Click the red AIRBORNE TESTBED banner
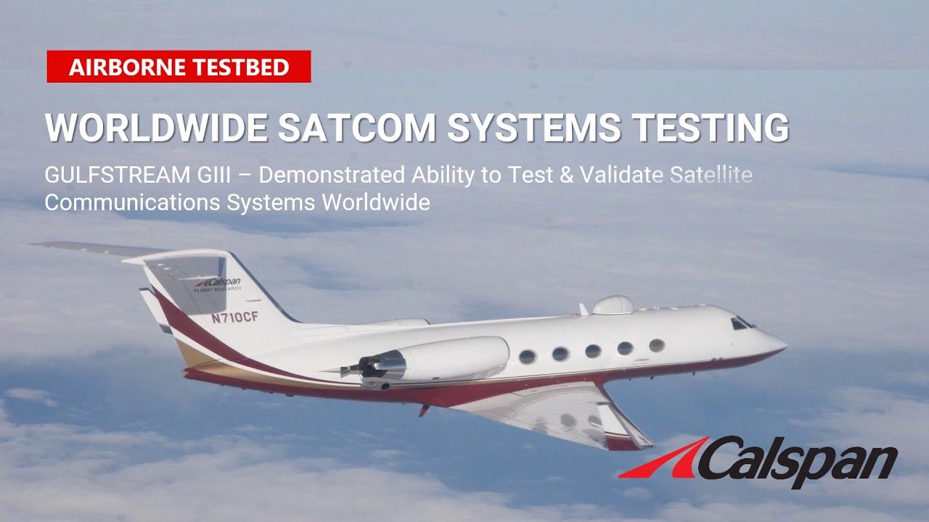(179, 67)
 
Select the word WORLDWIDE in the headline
(156, 128)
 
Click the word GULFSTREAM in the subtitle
(108, 175)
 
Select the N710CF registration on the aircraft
(235, 318)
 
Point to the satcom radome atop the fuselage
(613, 304)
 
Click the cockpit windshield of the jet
(741, 323)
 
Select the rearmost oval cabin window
(528, 357)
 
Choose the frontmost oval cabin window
(656, 345)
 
